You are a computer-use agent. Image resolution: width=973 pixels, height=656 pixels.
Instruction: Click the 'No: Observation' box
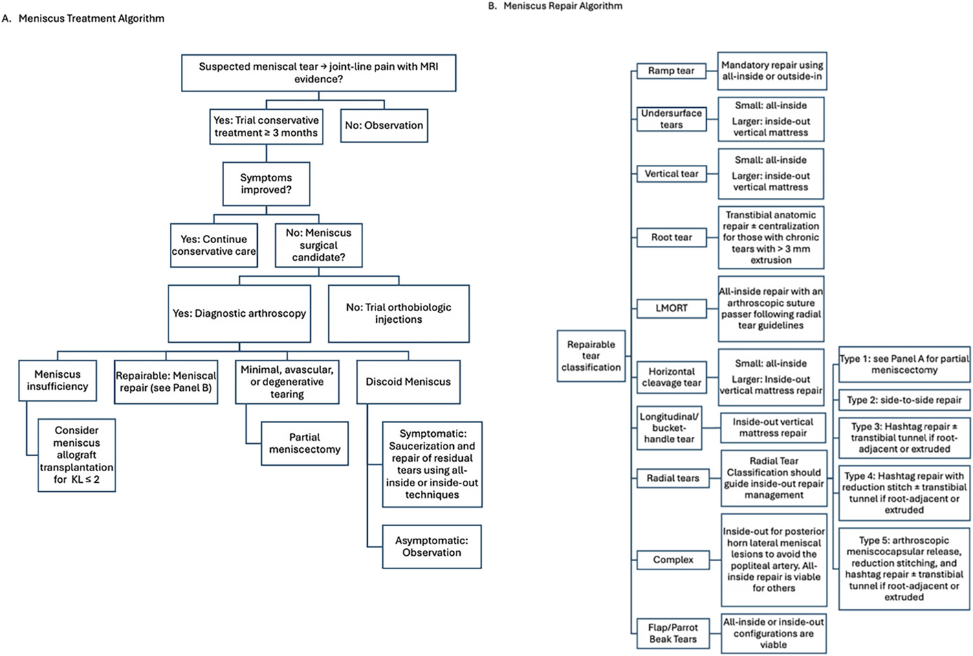[x=384, y=126]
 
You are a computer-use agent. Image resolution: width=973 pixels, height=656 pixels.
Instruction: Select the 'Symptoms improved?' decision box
[x=266, y=183]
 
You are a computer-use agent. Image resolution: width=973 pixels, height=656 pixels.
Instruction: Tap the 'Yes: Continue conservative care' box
[x=214, y=245]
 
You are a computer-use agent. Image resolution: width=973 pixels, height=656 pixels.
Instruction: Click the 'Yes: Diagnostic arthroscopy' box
[x=239, y=313]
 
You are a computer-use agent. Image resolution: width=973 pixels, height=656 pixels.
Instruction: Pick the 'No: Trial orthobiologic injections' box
[x=399, y=313]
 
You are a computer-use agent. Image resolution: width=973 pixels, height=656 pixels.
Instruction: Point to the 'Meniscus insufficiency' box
[x=57, y=380]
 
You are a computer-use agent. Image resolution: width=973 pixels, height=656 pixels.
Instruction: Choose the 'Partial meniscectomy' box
[x=305, y=444]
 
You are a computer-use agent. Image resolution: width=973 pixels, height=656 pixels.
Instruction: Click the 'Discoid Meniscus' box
[x=408, y=382]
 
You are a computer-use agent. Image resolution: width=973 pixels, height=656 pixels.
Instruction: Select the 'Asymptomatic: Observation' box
[x=432, y=547]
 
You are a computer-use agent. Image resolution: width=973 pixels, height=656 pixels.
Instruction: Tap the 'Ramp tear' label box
[x=672, y=71]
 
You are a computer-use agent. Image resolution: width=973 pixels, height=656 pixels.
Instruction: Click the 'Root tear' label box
[x=672, y=237]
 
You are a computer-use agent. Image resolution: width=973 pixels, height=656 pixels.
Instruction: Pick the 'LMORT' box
[x=672, y=308]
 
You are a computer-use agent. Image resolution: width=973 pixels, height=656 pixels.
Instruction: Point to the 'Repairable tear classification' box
[x=591, y=356]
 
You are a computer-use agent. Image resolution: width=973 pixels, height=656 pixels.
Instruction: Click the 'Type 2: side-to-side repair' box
[x=904, y=400]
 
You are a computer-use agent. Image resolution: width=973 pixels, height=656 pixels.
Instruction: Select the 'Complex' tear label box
[x=673, y=560]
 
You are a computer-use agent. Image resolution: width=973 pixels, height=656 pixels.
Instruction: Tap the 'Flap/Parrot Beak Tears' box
[x=673, y=633]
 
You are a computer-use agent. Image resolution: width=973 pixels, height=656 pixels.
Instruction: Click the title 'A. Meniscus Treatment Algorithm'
[x=83, y=19]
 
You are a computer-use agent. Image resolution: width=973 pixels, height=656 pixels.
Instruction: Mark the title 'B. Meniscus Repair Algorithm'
[x=555, y=5]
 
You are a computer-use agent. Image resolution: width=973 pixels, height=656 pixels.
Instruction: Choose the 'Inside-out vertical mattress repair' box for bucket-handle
[x=773, y=428]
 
